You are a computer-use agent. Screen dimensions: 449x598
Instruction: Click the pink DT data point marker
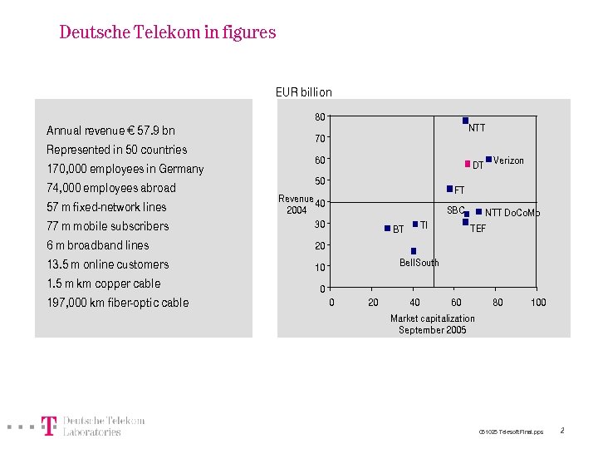tap(468, 163)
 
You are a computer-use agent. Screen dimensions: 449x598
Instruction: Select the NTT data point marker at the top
tap(466, 121)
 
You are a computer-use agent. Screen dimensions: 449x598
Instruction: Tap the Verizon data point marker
tap(488, 159)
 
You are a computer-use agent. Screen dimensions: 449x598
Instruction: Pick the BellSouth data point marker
tap(414, 251)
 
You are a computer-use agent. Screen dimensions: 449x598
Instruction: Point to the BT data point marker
tap(387, 228)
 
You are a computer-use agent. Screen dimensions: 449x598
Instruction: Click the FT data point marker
tap(449, 189)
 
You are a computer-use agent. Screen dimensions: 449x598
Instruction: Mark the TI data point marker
tap(414, 224)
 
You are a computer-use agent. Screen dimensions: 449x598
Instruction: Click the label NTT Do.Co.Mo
tap(512, 213)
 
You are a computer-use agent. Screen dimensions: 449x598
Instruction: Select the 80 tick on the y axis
tap(319, 116)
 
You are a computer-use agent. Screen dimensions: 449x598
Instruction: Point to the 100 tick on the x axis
tap(538, 303)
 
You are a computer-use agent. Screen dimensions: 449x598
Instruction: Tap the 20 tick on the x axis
tap(373, 303)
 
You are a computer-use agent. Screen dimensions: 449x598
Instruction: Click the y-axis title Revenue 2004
tap(296, 204)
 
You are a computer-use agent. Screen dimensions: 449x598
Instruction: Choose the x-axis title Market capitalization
tap(433, 318)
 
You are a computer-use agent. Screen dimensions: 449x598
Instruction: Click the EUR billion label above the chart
tap(303, 92)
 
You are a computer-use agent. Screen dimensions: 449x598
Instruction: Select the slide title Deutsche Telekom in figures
tap(167, 32)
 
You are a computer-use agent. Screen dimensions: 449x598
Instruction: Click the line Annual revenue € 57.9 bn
tap(110, 131)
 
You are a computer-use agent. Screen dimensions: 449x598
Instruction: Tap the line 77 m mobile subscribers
tap(107, 226)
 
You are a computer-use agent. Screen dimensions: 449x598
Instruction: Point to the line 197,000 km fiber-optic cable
tap(117, 303)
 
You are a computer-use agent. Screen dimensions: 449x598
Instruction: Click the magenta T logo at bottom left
tap(49, 427)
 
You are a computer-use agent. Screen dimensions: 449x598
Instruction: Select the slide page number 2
tap(562, 431)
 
